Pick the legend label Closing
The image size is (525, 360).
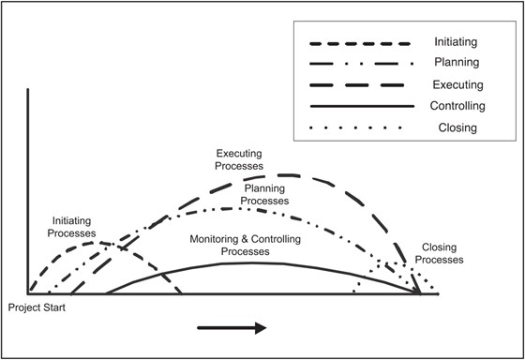pos(459,127)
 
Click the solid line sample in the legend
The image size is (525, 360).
pos(360,107)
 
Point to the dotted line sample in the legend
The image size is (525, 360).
pos(360,128)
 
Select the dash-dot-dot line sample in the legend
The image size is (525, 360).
pos(360,64)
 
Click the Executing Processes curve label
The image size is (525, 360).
pos(239,159)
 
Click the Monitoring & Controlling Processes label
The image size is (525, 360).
pos(238,245)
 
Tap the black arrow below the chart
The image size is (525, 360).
pos(232,328)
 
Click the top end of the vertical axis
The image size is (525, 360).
pos(29,90)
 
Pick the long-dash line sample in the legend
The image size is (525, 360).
pos(360,85)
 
